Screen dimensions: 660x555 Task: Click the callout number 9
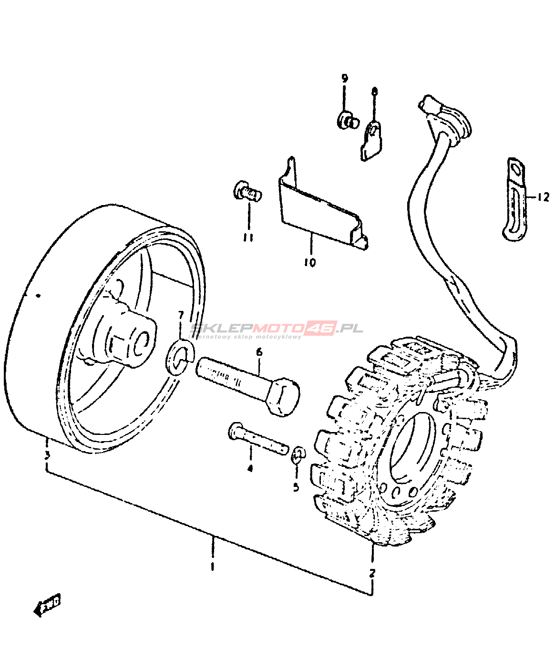(x=344, y=79)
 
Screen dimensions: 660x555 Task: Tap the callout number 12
(x=543, y=196)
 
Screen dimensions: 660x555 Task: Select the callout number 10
(x=310, y=262)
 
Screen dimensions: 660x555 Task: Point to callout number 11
(x=248, y=237)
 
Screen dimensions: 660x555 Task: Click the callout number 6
(x=259, y=352)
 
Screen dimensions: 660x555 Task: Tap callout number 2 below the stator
(x=372, y=573)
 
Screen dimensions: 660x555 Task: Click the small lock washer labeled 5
(x=298, y=454)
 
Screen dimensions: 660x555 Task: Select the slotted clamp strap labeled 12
(x=514, y=200)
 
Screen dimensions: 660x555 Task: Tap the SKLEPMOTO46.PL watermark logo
(x=277, y=329)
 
